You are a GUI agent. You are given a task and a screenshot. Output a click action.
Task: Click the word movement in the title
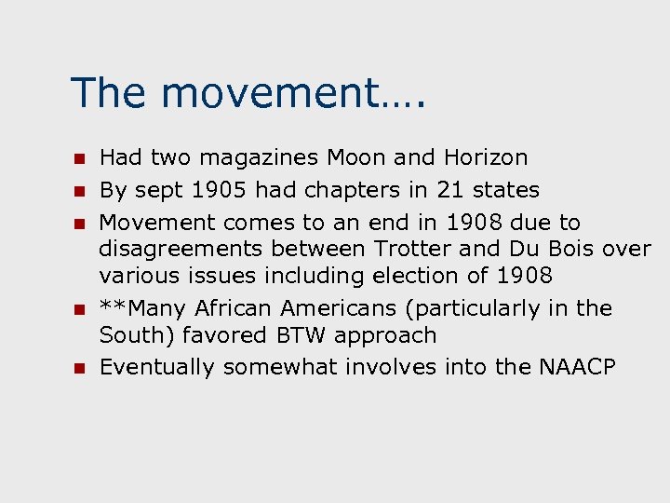point(277,93)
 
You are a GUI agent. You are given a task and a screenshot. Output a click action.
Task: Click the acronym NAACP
point(577,367)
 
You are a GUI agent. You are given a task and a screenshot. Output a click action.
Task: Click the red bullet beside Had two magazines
point(80,158)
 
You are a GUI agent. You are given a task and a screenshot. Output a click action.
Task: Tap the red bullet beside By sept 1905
point(80,191)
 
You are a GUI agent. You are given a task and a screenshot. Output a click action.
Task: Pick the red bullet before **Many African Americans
point(80,308)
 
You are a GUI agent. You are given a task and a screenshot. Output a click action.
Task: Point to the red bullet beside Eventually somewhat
point(80,368)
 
